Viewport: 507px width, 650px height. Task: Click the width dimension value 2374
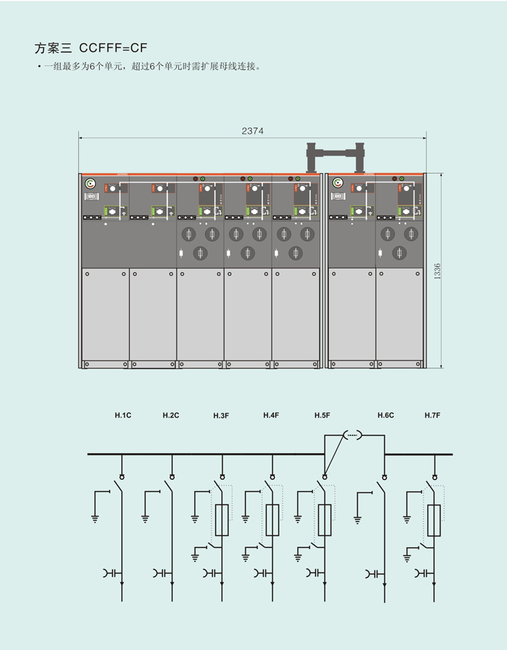253,131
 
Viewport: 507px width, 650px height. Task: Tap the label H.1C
122,415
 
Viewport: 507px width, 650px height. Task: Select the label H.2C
171,415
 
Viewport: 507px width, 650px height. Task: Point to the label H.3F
221,415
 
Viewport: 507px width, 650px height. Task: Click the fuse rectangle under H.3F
222,520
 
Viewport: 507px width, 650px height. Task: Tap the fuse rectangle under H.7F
434,520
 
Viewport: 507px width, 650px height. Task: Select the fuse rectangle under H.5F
324,520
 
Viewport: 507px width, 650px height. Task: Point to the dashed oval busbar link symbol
352,436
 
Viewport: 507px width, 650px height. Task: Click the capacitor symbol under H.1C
111,573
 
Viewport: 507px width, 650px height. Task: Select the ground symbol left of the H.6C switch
358,518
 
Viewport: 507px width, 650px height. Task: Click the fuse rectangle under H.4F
272,520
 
